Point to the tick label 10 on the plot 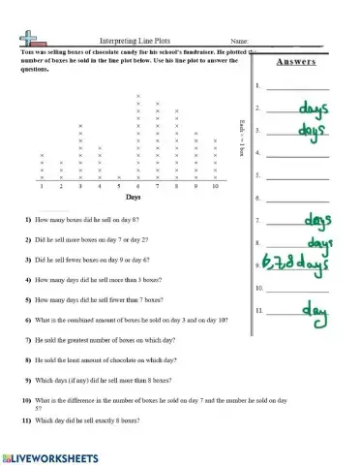215,185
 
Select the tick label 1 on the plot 43,185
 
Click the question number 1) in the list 29,223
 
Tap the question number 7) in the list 29,341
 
